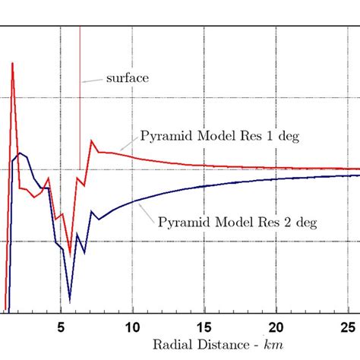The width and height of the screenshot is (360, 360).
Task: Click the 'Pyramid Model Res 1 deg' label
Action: (x=220, y=137)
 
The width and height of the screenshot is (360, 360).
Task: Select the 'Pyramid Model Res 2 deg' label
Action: (x=237, y=222)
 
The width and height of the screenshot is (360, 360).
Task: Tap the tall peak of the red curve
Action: (x=12, y=64)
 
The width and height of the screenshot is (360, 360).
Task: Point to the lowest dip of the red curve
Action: (x=70, y=254)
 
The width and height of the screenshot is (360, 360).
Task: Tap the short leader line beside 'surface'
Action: (x=92, y=79)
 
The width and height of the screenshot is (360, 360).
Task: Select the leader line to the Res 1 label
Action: (x=128, y=146)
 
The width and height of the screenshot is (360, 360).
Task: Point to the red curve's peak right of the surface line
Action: (x=92, y=141)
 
